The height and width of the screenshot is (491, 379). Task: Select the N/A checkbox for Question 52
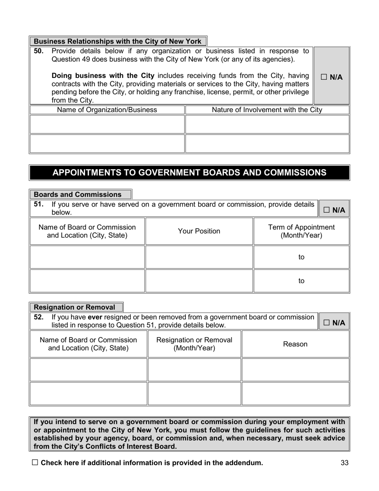pos(326,323)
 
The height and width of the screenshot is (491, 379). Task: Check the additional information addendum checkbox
pos(35,463)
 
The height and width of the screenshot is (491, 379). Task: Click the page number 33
pos(345,463)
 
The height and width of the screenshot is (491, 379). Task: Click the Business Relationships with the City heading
pos(118,42)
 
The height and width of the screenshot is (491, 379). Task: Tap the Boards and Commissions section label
pos(78,195)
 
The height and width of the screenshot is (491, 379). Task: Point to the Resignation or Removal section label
pos(75,307)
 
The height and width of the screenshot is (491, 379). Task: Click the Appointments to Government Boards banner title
pos(189,172)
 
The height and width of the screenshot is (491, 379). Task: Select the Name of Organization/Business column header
pos(107,110)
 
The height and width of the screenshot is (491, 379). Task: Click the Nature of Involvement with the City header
pos(267,110)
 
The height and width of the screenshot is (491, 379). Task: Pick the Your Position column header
pos(199,231)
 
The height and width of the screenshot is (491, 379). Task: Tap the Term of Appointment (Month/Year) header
pos(301,231)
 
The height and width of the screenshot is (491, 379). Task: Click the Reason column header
pos(295,344)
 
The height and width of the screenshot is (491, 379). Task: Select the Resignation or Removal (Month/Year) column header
pos(194,344)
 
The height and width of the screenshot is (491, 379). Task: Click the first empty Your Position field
pos(199,257)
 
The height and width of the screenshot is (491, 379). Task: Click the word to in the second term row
pos(301,281)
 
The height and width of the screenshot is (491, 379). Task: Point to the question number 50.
pos(39,51)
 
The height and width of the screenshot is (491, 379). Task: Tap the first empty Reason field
pos(295,370)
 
